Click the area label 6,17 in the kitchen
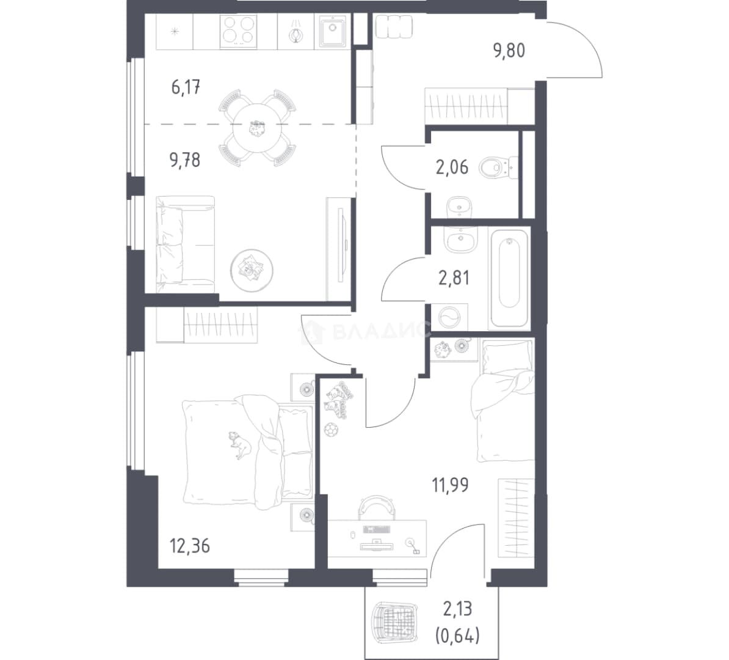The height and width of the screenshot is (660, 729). coord(186,87)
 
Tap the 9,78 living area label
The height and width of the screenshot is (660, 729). coord(185,160)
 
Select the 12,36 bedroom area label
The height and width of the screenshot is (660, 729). coord(190,545)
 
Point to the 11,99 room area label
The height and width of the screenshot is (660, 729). coord(450,485)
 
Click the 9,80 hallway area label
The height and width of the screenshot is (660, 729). coord(509,50)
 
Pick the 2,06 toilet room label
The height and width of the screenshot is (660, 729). coord(452,167)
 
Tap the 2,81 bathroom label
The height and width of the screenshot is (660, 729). coord(454,278)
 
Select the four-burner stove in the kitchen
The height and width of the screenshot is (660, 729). coord(239,31)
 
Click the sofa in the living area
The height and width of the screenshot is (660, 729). coord(186,244)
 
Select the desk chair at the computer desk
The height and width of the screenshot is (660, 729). coord(377,507)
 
